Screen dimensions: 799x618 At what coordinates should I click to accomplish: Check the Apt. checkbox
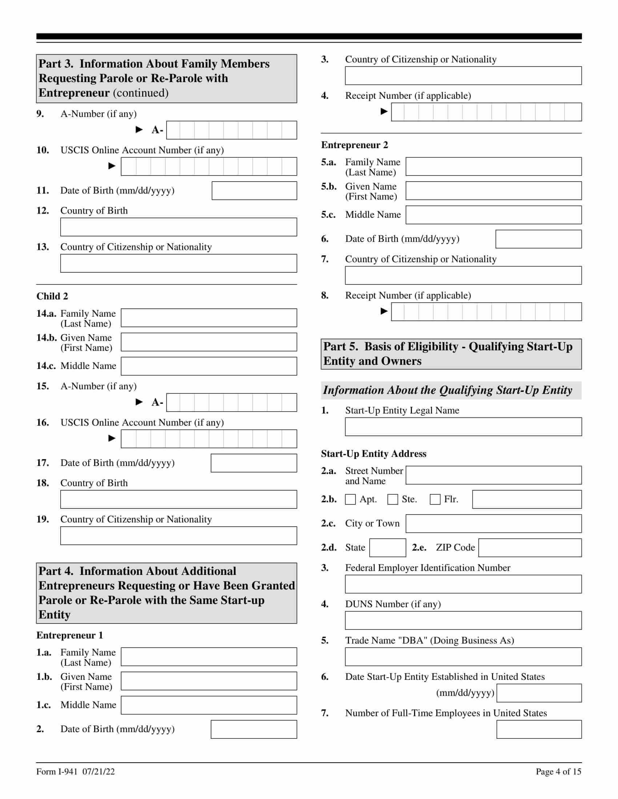(x=350, y=499)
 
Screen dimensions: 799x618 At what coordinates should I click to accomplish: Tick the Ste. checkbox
(x=393, y=499)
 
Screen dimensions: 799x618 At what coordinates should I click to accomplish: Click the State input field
(x=388, y=548)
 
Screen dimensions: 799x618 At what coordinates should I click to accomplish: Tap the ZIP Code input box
(x=530, y=548)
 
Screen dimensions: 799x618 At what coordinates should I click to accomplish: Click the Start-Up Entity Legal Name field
(x=463, y=427)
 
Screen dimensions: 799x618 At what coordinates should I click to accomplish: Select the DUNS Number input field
(x=463, y=620)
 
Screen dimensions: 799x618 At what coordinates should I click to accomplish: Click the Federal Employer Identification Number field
(x=463, y=584)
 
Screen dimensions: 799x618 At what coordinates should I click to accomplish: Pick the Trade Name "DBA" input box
(x=463, y=657)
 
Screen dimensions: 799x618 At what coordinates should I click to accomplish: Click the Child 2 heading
(x=52, y=296)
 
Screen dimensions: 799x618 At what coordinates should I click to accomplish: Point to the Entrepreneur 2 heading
(x=354, y=145)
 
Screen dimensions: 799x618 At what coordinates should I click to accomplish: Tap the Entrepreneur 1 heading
(x=69, y=635)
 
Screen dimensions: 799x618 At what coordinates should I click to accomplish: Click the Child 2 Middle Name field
(x=209, y=366)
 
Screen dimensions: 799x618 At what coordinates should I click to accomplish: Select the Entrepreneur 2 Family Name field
(x=494, y=166)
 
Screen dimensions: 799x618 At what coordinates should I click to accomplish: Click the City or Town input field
(x=494, y=523)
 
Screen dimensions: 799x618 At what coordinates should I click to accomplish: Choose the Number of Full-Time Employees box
(x=539, y=730)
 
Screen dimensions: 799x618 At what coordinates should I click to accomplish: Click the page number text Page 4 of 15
(x=558, y=771)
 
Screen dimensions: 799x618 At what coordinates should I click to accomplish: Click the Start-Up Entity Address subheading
(x=373, y=454)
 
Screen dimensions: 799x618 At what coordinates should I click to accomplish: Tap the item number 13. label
(x=43, y=247)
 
